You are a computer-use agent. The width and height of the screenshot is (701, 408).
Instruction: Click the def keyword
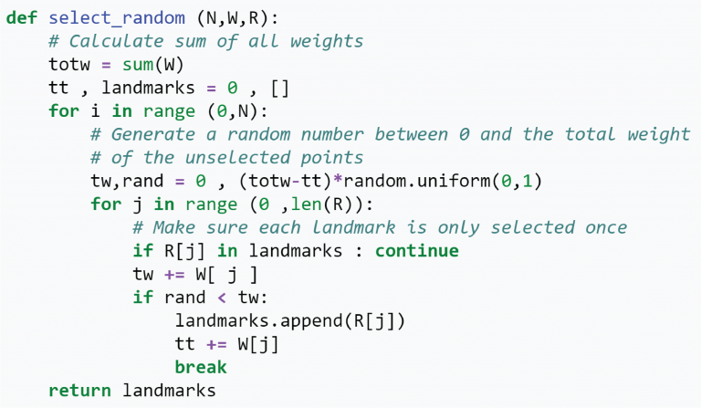pyautogui.click(x=22, y=18)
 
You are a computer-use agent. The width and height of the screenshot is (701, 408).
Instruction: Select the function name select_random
pyautogui.click(x=117, y=18)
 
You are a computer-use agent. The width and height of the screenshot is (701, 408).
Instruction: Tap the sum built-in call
pyautogui.click(x=138, y=65)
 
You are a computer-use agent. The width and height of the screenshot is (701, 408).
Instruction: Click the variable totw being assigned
pyautogui.click(x=69, y=65)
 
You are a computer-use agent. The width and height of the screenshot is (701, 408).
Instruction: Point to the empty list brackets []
pyautogui.click(x=280, y=88)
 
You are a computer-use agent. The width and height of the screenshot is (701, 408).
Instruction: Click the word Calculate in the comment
pyautogui.click(x=116, y=42)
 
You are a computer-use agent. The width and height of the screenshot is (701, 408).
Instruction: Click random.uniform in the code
pyautogui.click(x=416, y=181)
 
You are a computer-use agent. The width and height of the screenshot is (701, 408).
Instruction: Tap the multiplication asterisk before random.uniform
pyautogui.click(x=338, y=180)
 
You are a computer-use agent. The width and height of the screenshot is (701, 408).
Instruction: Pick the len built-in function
pyautogui.click(x=307, y=204)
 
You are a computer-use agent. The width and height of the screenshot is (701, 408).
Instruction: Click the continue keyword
pyautogui.click(x=416, y=251)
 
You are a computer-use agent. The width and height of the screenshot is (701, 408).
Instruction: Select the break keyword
pyautogui.click(x=201, y=367)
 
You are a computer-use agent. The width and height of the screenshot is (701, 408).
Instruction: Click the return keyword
pyautogui.click(x=79, y=391)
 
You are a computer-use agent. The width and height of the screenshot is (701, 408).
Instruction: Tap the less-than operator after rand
pyautogui.click(x=222, y=298)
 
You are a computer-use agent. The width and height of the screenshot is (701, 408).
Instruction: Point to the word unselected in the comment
pyautogui.click(x=238, y=158)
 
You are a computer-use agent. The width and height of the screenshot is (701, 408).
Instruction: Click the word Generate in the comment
pyautogui.click(x=153, y=134)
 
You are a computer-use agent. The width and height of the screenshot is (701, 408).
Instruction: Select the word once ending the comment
pyautogui.click(x=606, y=227)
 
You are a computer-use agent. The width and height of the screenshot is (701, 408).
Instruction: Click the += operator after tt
pyautogui.click(x=216, y=344)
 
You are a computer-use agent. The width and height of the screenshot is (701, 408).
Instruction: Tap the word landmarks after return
pyautogui.click(x=169, y=391)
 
